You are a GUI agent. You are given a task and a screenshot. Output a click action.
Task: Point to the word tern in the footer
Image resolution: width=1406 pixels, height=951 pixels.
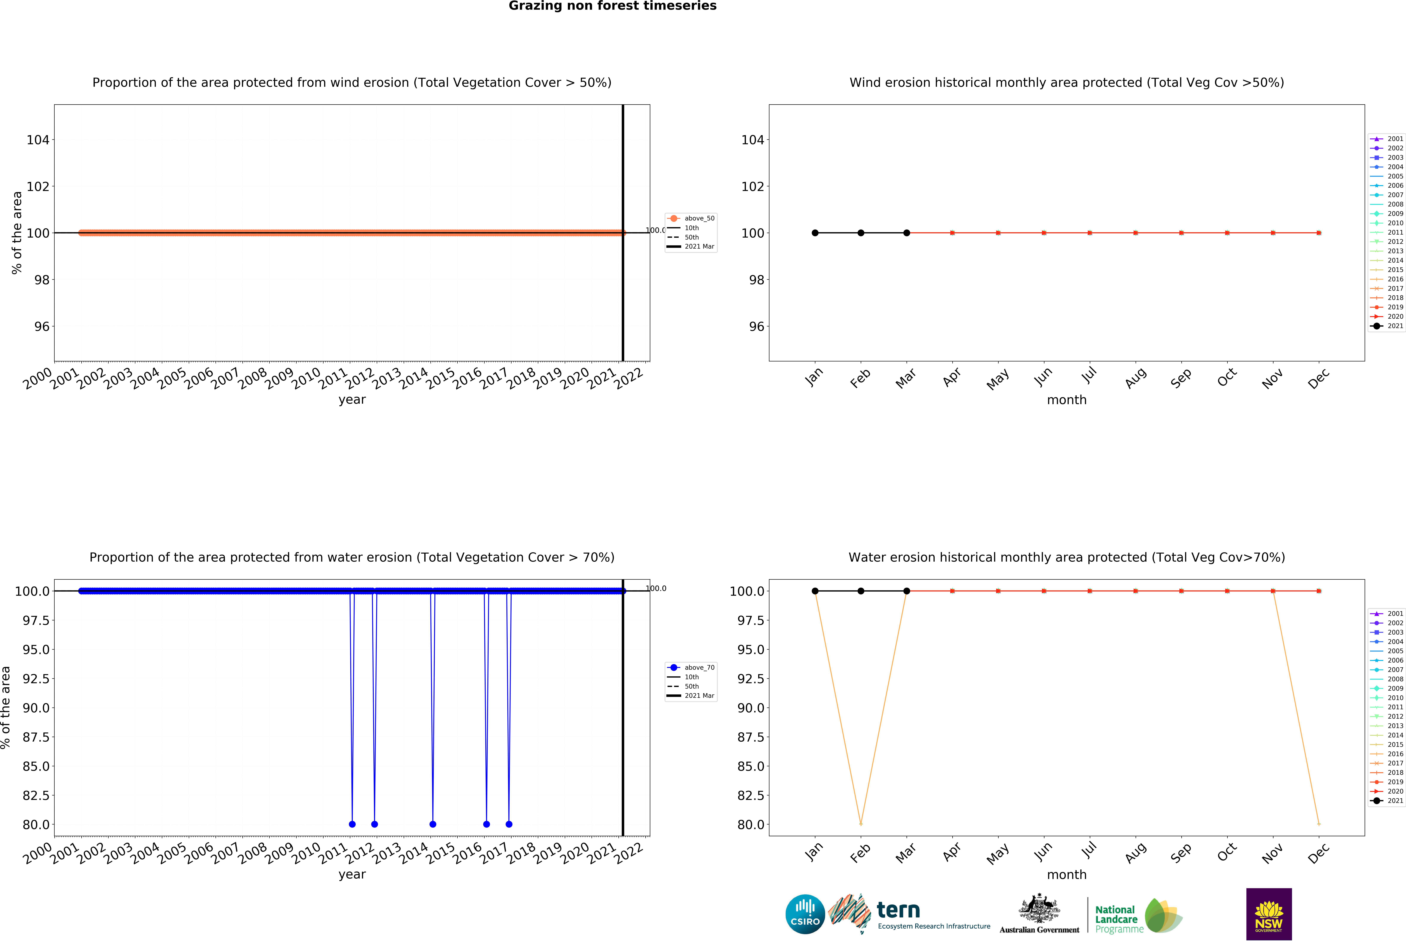click(898, 910)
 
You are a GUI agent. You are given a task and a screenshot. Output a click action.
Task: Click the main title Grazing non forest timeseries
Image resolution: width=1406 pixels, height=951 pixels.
click(612, 6)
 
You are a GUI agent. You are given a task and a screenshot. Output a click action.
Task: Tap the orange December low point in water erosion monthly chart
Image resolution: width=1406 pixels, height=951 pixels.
click(1319, 824)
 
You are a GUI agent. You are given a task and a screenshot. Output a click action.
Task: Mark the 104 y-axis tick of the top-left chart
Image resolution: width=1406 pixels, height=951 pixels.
click(38, 140)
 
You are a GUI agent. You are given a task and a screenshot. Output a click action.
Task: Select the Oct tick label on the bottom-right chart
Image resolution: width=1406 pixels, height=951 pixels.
click(1227, 852)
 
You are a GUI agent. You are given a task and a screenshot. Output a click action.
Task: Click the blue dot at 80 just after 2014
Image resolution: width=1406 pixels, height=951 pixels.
click(433, 824)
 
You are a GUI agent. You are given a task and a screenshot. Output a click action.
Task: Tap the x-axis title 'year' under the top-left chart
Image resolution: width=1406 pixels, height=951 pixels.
click(352, 400)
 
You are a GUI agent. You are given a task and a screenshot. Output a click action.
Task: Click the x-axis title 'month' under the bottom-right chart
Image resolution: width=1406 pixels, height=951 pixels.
click(1067, 875)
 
